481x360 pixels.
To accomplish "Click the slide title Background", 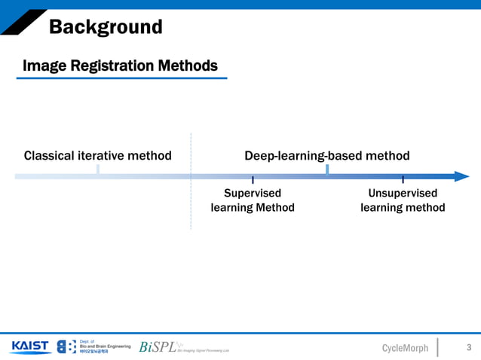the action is (106, 28).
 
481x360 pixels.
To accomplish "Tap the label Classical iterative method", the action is (98, 156).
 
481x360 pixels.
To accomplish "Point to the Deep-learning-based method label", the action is (327, 156).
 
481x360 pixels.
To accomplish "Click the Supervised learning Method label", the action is (253, 200).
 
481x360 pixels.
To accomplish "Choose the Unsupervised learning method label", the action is (403, 200).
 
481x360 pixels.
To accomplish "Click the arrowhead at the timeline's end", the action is (461, 176).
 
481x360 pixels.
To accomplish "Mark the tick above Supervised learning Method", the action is (253, 179).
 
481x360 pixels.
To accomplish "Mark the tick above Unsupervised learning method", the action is (403, 179).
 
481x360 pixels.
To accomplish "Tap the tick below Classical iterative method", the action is (98, 170).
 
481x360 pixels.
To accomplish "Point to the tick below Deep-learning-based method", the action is (327, 170).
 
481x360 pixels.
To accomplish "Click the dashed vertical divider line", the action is (191, 203).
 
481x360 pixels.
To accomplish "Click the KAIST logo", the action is (30, 346).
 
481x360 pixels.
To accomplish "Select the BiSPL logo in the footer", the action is (158, 347).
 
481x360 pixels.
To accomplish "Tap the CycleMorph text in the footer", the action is (405, 348).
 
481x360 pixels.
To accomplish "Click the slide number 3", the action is (469, 347).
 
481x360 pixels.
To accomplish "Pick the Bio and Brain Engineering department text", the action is (104, 346).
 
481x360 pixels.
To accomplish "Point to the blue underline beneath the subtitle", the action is (121, 78).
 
